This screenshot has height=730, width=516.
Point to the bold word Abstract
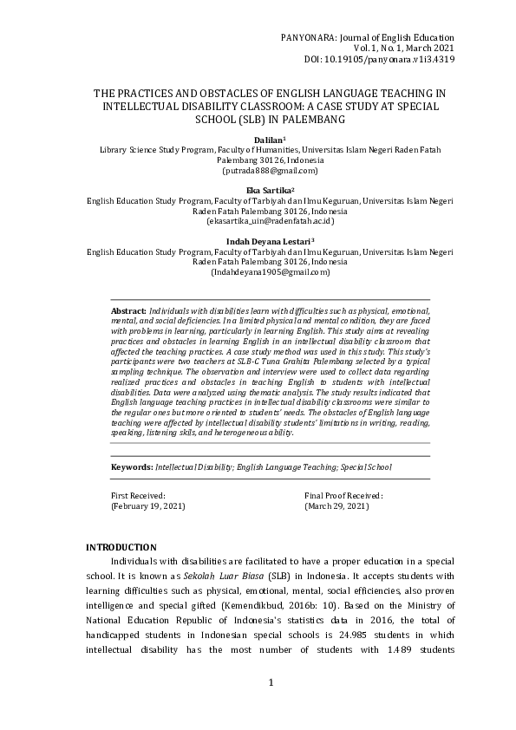point(129,310)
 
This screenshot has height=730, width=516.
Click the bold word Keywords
point(132,466)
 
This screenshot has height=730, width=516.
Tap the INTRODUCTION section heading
point(121,547)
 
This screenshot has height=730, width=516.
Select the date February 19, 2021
point(148,505)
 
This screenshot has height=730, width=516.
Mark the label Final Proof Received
point(344,494)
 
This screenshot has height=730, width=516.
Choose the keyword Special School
point(365,466)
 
